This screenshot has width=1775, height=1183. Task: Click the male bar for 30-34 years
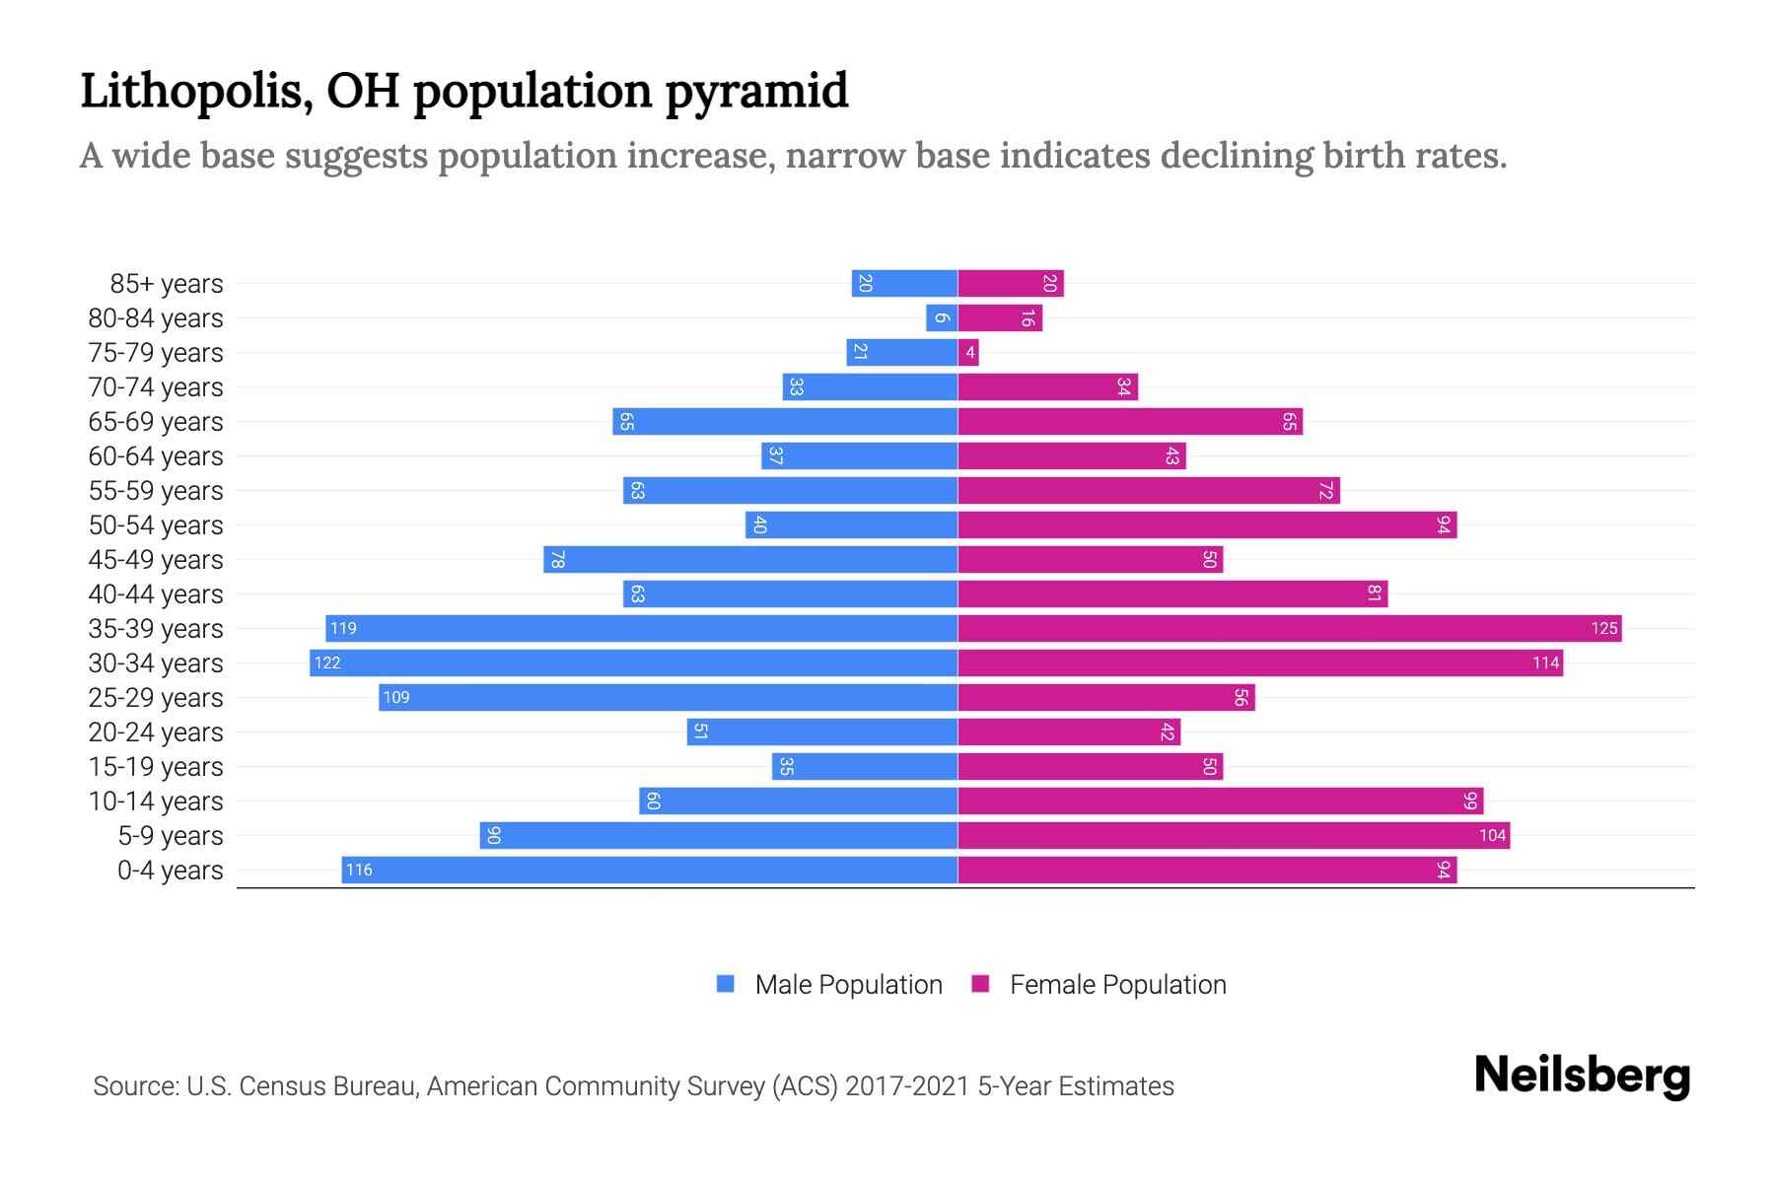[633, 662]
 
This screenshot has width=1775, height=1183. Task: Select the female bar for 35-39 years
[1289, 628]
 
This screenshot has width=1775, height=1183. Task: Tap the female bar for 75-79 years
[968, 352]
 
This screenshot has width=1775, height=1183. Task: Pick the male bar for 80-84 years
[942, 317]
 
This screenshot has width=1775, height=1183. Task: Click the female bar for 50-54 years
[1207, 524]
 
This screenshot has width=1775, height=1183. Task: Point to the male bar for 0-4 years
[649, 870]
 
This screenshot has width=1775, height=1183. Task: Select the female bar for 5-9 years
[1234, 835]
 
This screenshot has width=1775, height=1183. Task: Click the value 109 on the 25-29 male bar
[396, 697]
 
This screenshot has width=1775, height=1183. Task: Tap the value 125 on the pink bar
[1603, 628]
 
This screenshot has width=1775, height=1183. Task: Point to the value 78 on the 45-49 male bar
[557, 559]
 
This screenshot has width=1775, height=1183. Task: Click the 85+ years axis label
[166, 284]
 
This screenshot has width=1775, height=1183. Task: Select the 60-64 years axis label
[156, 456]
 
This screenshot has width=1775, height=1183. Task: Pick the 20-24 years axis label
[156, 732]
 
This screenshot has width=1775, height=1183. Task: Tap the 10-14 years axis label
[156, 801]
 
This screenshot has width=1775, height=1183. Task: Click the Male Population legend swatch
[726, 984]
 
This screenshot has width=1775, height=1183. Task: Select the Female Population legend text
[1117, 984]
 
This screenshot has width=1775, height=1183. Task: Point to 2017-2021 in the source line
[907, 1085]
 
